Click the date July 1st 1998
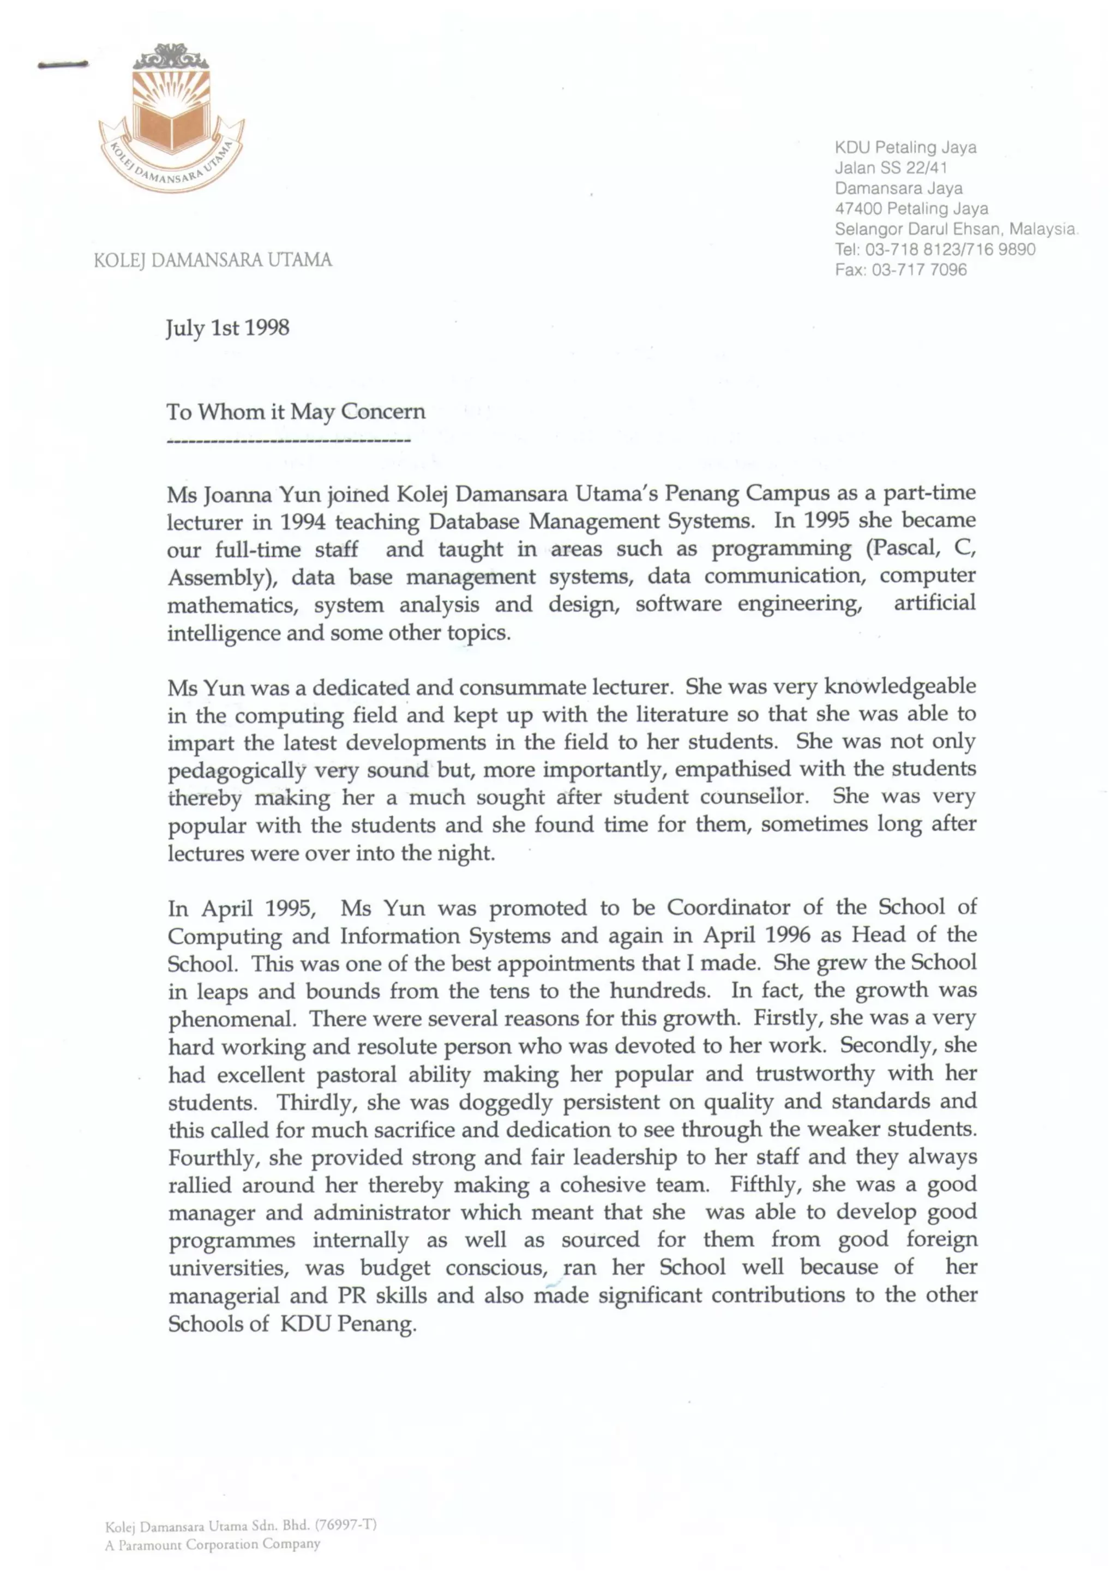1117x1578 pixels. pyautogui.click(x=227, y=328)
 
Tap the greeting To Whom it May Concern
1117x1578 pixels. pyautogui.click(x=296, y=412)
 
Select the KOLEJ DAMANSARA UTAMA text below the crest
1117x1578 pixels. pyautogui.click(x=213, y=260)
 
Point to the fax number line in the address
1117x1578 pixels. pyautogui.click(x=900, y=269)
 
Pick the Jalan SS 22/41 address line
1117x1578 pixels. pyautogui.click(x=891, y=168)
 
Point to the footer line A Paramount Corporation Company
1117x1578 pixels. pyautogui.click(x=213, y=1544)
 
